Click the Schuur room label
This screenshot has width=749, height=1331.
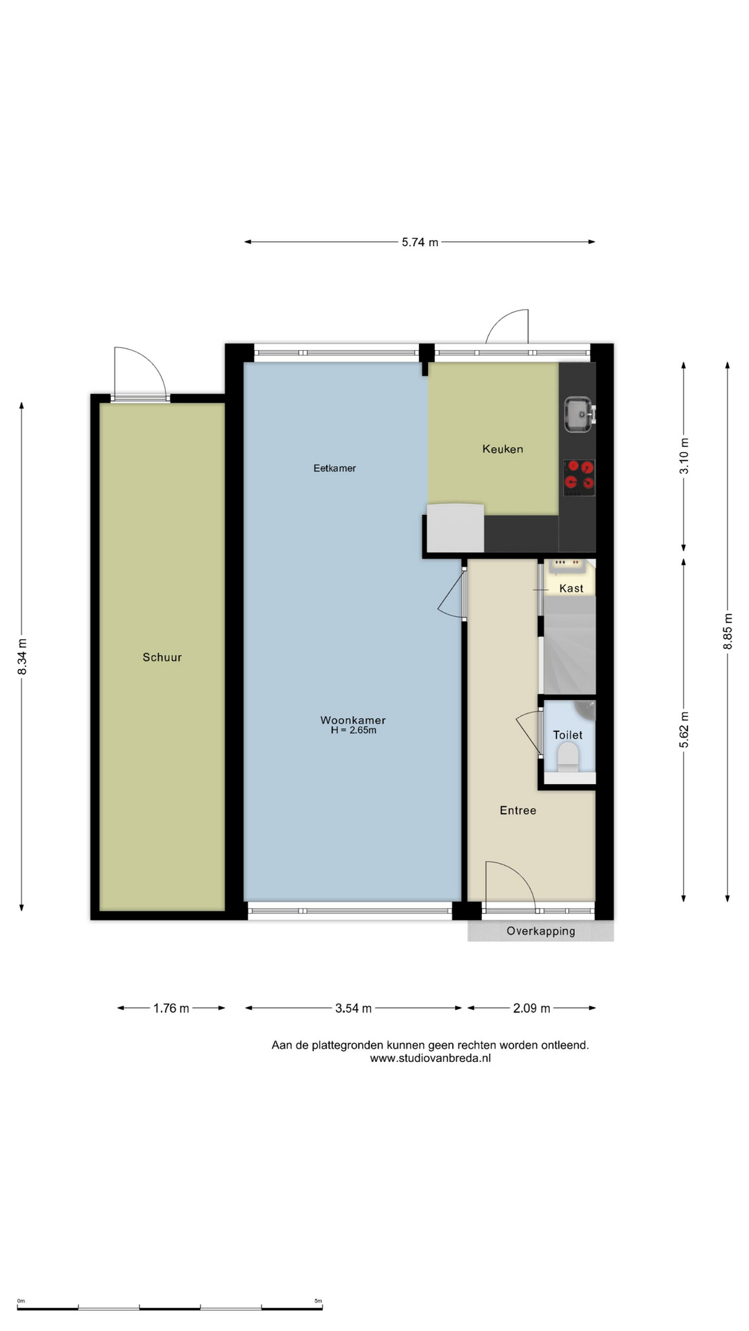pyautogui.click(x=162, y=657)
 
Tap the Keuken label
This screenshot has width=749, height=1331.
pyautogui.click(x=503, y=449)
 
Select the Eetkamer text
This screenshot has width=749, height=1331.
pyautogui.click(x=334, y=468)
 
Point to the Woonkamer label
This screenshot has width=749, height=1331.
pyautogui.click(x=353, y=720)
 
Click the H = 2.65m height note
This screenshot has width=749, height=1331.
pyautogui.click(x=353, y=730)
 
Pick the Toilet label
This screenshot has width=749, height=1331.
pyautogui.click(x=567, y=735)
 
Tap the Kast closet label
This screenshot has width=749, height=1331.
pyautogui.click(x=571, y=589)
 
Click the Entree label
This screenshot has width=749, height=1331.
pyautogui.click(x=518, y=810)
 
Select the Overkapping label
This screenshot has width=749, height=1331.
pyautogui.click(x=541, y=931)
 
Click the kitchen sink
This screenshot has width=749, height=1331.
pyautogui.click(x=578, y=414)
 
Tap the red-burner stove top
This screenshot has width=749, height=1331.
pyautogui.click(x=579, y=477)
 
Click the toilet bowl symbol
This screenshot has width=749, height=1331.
pyautogui.click(x=568, y=758)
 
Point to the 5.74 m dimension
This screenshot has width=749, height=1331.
pyautogui.click(x=420, y=243)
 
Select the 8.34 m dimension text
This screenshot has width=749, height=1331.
pyautogui.click(x=22, y=656)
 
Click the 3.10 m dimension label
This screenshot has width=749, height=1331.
pyautogui.click(x=685, y=457)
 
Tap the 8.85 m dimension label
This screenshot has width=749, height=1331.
pyautogui.click(x=728, y=632)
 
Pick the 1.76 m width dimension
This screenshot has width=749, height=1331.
pyautogui.click(x=171, y=1009)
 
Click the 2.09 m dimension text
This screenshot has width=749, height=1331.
pyautogui.click(x=532, y=1009)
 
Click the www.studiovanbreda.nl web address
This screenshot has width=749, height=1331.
pyautogui.click(x=430, y=1059)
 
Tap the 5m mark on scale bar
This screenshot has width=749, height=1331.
pyautogui.click(x=318, y=1301)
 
